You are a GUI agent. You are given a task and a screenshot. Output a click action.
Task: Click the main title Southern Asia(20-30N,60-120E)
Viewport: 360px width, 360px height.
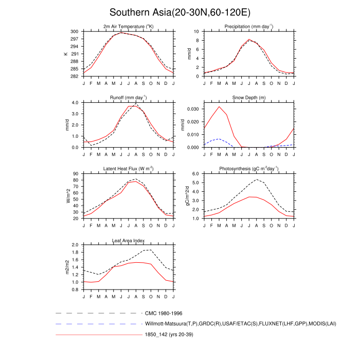[180, 12]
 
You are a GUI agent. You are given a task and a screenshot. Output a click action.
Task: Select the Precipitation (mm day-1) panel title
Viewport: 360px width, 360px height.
[249, 26]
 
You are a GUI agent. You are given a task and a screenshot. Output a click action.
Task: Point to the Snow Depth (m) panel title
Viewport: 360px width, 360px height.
[249, 97]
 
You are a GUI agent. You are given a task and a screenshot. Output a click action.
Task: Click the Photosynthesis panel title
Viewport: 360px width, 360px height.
[249, 168]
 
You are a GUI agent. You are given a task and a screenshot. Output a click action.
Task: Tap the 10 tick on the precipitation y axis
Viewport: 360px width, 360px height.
[197, 31]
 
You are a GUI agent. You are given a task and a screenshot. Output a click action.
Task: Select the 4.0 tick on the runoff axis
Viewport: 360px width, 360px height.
[75, 102]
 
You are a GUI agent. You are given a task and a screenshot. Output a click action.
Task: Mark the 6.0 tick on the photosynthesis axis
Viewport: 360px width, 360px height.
[195, 174]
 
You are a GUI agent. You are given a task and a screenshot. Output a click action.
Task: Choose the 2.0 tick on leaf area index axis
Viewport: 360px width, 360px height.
[75, 245]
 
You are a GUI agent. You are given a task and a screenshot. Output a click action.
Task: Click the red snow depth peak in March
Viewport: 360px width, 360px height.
[219, 106]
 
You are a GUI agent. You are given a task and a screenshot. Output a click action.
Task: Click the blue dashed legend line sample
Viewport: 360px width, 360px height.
[98, 324]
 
